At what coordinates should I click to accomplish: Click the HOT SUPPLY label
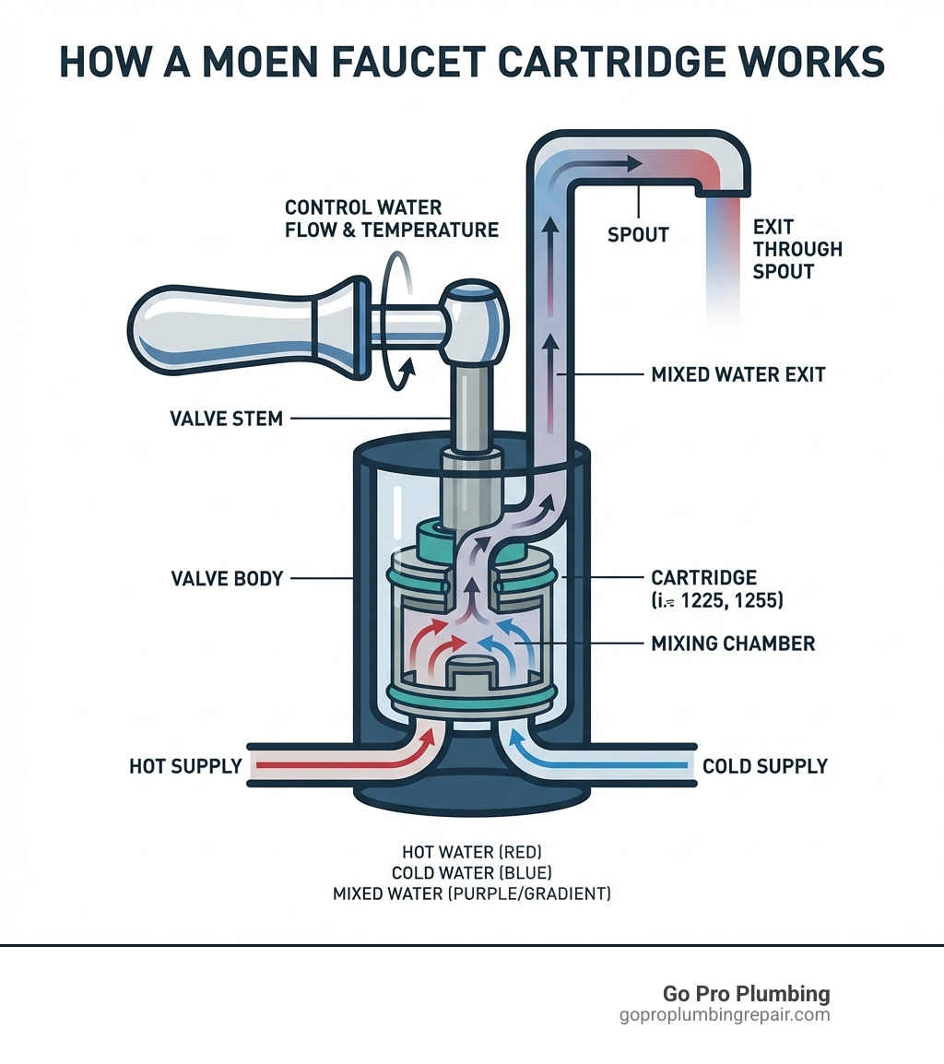click(185, 766)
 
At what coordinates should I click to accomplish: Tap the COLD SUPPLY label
click(764, 766)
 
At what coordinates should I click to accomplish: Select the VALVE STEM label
click(226, 419)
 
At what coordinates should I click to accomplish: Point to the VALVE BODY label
click(227, 579)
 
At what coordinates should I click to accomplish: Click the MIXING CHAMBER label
click(733, 643)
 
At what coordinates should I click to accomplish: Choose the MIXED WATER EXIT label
click(737, 375)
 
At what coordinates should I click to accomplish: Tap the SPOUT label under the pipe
click(638, 234)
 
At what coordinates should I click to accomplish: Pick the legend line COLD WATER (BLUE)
click(471, 873)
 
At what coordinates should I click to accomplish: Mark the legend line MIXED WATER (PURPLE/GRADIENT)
click(471, 893)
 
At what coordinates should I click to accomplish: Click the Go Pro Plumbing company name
click(746, 994)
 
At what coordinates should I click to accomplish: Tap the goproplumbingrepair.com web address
click(725, 1015)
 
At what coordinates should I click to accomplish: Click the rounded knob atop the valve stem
click(474, 318)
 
